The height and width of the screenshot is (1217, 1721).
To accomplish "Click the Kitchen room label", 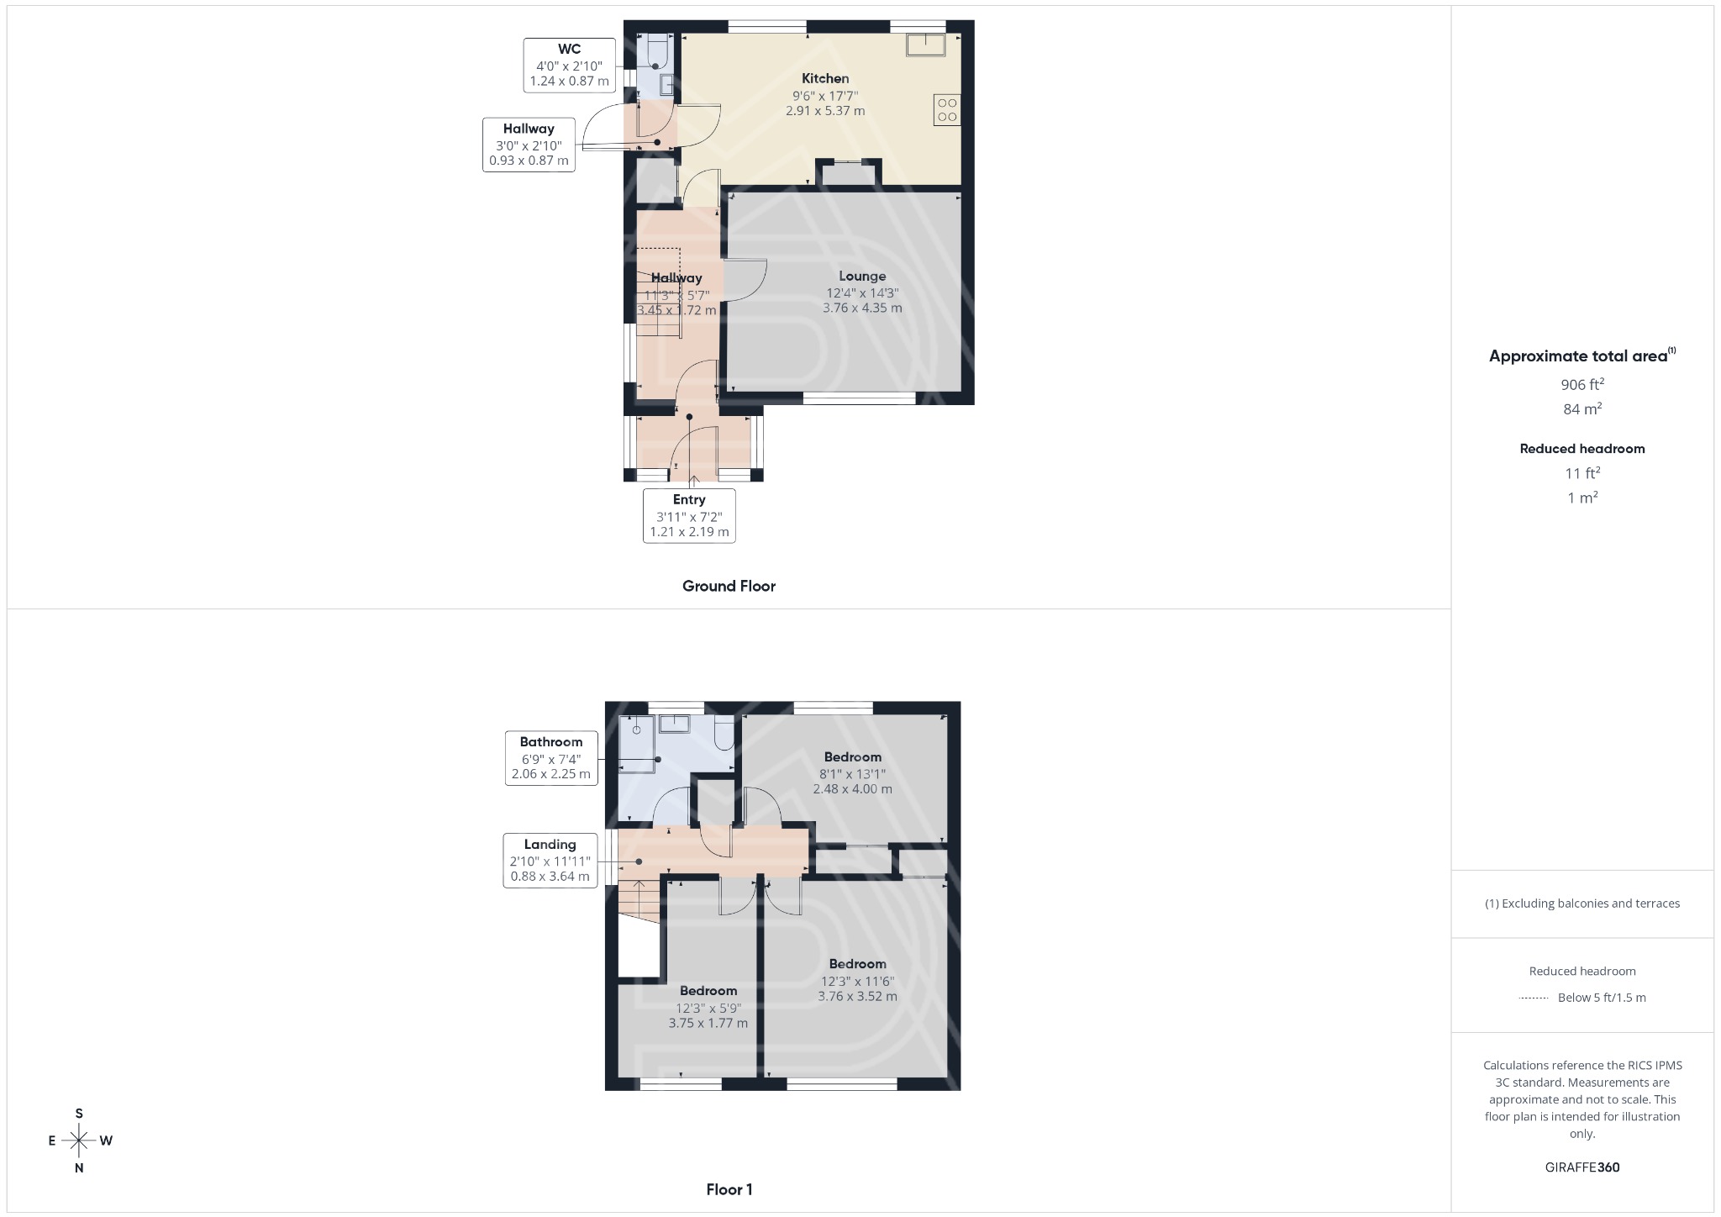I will click(824, 78).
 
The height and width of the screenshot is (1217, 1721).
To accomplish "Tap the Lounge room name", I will click(862, 276).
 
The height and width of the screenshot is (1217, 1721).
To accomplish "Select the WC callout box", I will click(569, 65).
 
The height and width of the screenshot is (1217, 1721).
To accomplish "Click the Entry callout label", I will click(689, 515).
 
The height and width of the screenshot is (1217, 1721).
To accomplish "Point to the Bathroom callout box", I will click(551, 757).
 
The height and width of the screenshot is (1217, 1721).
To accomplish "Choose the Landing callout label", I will click(550, 860).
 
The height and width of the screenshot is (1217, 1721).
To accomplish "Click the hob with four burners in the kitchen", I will click(947, 110).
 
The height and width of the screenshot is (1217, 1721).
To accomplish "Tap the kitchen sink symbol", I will click(925, 45).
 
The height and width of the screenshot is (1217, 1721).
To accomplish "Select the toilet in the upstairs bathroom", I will click(724, 733).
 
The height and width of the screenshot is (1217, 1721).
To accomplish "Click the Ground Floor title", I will click(729, 586).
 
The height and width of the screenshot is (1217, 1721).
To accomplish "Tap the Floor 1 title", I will click(729, 1189).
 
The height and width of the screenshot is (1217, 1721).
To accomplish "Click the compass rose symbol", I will click(79, 1141).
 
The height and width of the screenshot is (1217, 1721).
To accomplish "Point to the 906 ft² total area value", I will click(1582, 385).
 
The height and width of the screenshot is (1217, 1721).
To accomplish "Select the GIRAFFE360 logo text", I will click(1582, 1167).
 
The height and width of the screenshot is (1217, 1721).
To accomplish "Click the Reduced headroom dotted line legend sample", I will click(1534, 998).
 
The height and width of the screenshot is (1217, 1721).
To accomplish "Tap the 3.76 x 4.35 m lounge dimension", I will click(862, 308).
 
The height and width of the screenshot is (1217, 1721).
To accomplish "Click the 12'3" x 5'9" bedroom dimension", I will click(708, 1008).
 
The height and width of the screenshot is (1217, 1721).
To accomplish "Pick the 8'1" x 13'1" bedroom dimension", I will click(853, 774).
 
